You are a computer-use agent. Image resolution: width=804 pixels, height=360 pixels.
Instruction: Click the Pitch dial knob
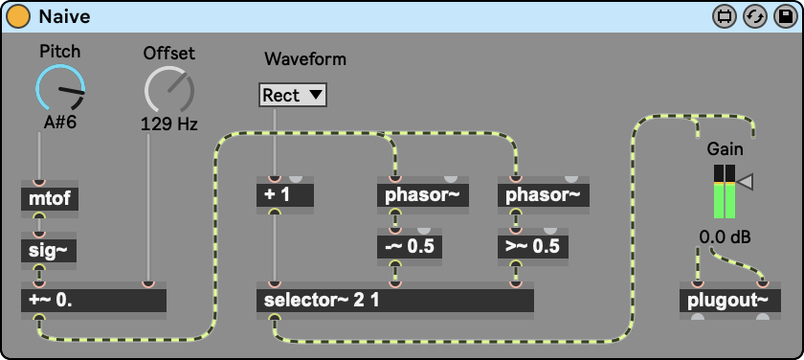[60, 88]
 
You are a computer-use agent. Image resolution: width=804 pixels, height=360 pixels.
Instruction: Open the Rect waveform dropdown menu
[292, 95]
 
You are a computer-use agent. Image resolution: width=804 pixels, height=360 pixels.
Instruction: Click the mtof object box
[50, 199]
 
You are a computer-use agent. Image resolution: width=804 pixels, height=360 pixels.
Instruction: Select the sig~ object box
[49, 251]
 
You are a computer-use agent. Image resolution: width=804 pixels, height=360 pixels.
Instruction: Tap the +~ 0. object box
[94, 301]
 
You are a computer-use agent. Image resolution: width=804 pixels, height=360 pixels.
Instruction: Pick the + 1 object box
[285, 195]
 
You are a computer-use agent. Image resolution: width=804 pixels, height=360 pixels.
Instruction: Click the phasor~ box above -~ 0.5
[423, 195]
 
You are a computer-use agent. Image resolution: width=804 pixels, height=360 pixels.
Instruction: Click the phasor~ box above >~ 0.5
[544, 195]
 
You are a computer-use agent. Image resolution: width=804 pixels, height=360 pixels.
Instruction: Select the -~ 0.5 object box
[410, 247]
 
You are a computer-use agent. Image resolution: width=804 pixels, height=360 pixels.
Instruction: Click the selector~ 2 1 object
[395, 301]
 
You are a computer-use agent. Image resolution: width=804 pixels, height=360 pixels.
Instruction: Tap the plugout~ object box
[730, 301]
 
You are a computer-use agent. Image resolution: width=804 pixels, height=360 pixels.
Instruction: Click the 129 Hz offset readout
[169, 124]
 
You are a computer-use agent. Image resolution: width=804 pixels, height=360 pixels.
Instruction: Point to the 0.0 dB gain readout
[725, 238]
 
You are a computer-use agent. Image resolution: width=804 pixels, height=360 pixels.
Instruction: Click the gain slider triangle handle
[745, 182]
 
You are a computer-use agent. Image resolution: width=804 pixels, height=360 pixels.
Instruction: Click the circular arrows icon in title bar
[755, 17]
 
